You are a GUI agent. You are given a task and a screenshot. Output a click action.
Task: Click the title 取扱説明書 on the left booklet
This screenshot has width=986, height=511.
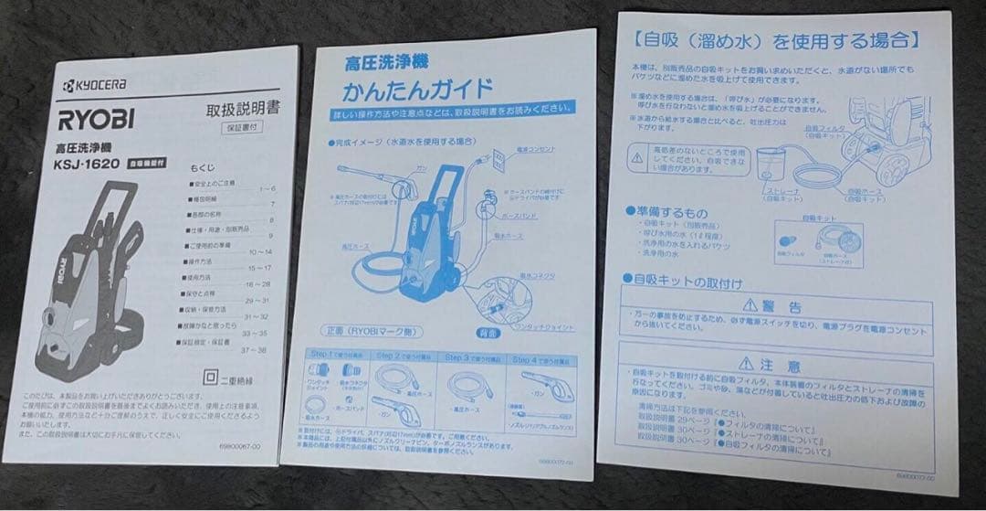tap(244, 109)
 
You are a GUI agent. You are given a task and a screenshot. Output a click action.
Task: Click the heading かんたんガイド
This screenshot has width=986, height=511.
tap(416, 90)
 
